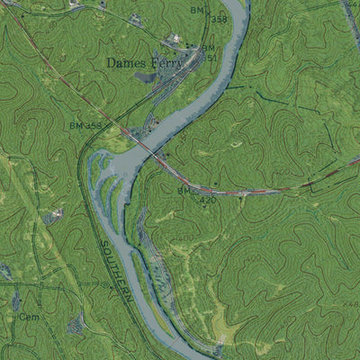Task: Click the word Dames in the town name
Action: tap(124, 63)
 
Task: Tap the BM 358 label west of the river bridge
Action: tap(86, 125)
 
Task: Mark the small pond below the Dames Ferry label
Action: tap(145, 77)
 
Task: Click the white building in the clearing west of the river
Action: tap(57, 214)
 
